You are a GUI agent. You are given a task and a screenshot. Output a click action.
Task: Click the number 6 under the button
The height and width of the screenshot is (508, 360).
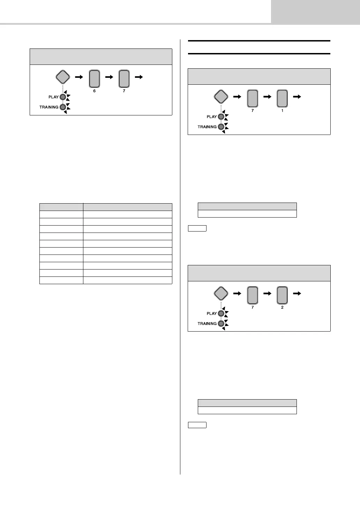[x=94, y=91]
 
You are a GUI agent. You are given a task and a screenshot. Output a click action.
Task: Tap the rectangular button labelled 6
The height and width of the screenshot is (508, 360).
[x=94, y=79]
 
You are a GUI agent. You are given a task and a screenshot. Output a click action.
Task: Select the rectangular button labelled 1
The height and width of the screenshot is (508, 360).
[x=282, y=99]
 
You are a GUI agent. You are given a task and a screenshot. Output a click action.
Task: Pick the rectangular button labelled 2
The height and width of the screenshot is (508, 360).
[x=282, y=295]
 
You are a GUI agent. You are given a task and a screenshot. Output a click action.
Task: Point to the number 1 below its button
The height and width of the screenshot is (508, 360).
[x=282, y=111]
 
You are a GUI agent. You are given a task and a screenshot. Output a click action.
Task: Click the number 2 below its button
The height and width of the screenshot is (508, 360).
[x=282, y=307]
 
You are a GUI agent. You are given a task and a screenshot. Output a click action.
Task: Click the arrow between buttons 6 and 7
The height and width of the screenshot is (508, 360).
[x=109, y=77]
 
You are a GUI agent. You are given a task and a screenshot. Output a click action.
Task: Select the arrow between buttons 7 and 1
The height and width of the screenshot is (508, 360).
[x=268, y=97]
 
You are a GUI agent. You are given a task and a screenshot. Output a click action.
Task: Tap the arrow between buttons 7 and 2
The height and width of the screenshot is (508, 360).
[x=268, y=294]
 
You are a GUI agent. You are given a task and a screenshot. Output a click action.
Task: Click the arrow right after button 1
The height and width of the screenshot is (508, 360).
[x=297, y=97]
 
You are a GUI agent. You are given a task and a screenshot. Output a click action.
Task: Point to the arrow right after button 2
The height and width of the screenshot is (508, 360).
[x=297, y=294]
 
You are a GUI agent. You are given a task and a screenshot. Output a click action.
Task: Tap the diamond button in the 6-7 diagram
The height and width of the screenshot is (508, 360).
[x=63, y=77]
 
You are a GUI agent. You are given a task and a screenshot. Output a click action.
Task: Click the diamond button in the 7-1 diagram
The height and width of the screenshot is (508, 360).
[x=221, y=97]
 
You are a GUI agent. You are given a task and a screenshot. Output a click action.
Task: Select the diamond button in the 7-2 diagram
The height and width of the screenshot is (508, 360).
[x=221, y=294]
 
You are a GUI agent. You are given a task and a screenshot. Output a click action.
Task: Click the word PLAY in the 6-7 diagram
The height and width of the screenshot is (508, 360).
[x=53, y=97]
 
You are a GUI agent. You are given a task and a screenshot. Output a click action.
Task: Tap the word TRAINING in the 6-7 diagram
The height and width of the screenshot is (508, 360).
[x=49, y=107]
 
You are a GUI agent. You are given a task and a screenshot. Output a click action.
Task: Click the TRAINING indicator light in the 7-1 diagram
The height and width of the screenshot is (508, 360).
[x=221, y=127]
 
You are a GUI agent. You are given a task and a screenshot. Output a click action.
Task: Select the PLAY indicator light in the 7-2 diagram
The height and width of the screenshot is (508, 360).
[x=221, y=313]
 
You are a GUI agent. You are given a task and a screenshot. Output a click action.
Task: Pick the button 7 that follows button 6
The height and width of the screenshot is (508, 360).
[x=124, y=79]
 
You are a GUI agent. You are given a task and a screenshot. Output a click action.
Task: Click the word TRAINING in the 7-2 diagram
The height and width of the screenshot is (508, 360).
[x=207, y=324]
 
